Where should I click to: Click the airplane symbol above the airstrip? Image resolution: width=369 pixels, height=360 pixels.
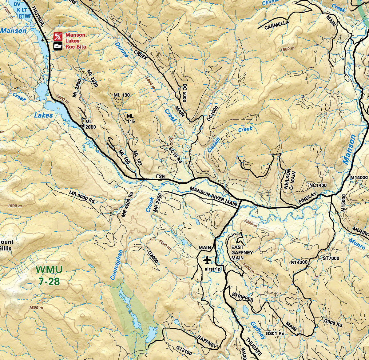[208, 260]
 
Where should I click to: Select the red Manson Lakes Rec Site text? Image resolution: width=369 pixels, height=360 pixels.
[75, 41]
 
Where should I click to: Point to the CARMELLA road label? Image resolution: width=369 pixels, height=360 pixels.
[277, 25]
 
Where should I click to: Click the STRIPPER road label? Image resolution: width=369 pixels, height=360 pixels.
[243, 297]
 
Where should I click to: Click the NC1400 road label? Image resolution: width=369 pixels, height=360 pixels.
[318, 186]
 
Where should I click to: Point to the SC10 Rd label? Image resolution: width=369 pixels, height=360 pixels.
[176, 155]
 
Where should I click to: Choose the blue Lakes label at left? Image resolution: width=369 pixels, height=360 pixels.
[43, 115]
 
